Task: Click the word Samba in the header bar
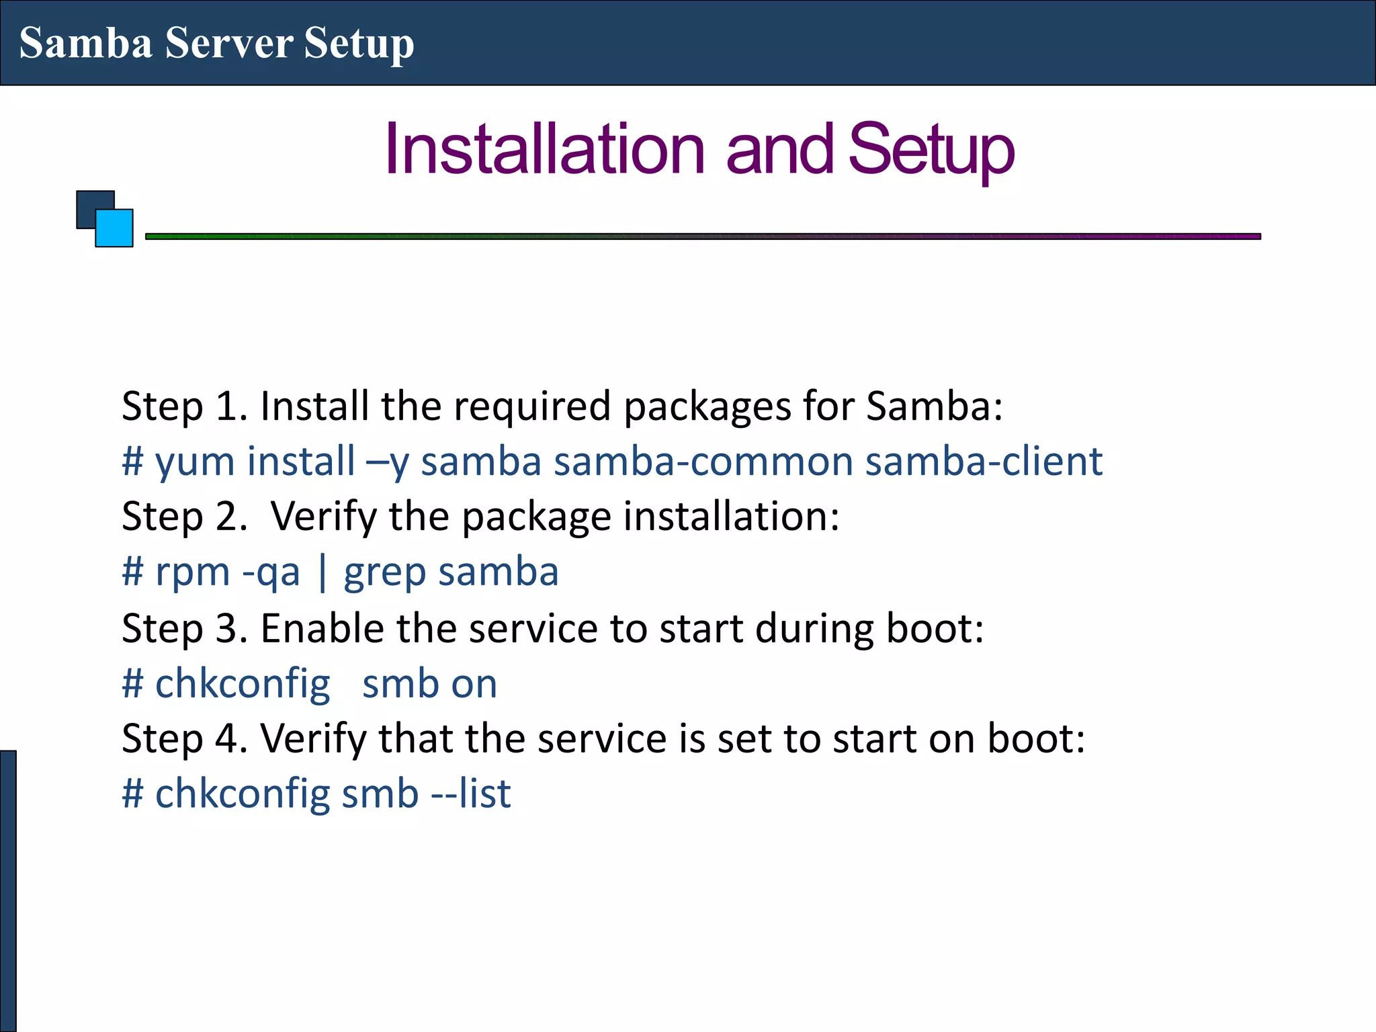pos(86,43)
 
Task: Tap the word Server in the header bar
pos(228,43)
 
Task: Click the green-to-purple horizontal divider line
pos(703,236)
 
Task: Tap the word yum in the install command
pos(195,462)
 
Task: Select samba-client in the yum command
pos(984,462)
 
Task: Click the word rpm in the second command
pos(193,573)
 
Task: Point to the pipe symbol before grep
pos(322,572)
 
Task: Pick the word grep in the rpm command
pos(384,573)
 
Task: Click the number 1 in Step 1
pos(229,406)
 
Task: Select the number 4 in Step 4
pos(228,739)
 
